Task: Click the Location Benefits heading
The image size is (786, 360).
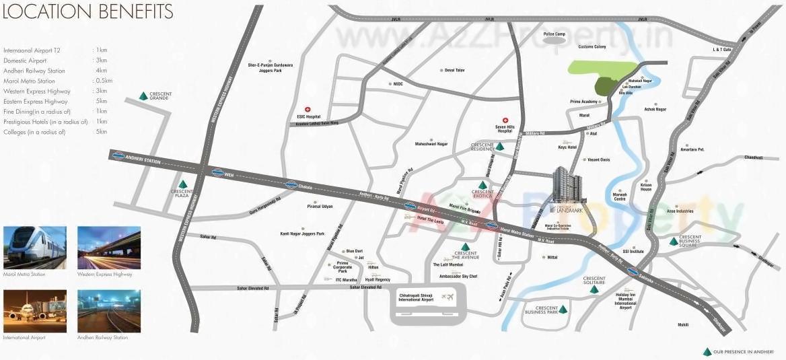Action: pyautogui.click(x=88, y=12)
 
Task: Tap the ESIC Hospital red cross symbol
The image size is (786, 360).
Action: pyautogui.click(x=308, y=109)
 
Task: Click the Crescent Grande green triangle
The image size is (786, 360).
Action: pyautogui.click(x=143, y=96)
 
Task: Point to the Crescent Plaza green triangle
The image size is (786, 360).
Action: pyautogui.click(x=182, y=184)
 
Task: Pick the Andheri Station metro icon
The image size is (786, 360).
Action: pyautogui.click(x=118, y=156)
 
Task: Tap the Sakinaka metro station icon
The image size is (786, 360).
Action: pyautogui.click(x=632, y=271)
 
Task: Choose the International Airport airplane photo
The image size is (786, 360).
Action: pyautogui.click(x=35, y=311)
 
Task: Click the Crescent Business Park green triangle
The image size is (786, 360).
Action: pyautogui.click(x=563, y=310)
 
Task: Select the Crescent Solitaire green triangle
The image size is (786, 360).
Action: pyautogui.click(x=594, y=290)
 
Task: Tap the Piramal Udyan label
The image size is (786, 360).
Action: pyautogui.click(x=320, y=207)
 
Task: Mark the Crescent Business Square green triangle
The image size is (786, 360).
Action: pyautogui.click(x=674, y=242)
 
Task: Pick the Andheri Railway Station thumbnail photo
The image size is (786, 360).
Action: pyautogui.click(x=109, y=311)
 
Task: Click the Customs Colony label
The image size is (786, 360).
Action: pyautogui.click(x=592, y=46)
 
